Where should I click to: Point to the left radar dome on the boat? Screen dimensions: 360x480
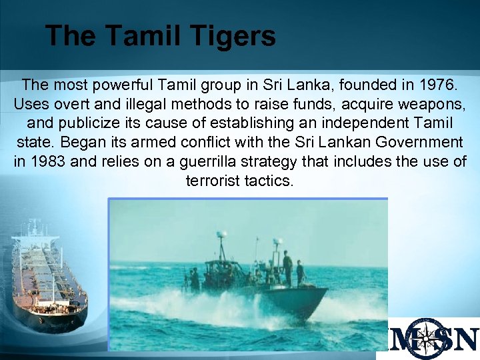click(220, 235)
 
